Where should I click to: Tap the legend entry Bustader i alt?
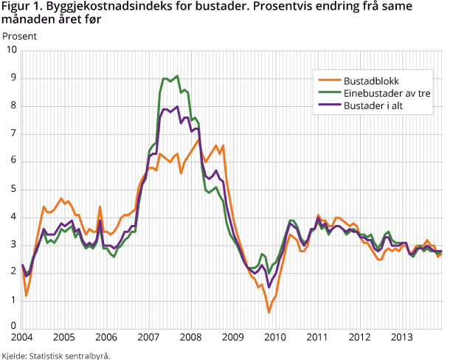(x=378, y=106)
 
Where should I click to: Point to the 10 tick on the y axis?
(x=12, y=50)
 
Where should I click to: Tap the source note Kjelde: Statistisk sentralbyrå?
(x=55, y=355)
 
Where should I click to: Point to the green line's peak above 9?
(x=177, y=75)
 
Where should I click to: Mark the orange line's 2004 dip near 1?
(x=27, y=296)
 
